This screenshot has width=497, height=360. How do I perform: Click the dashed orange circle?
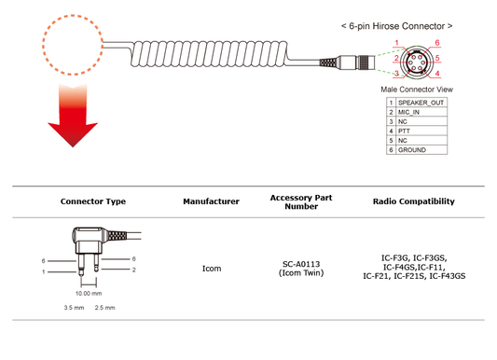pyautogui.click(x=43, y=45)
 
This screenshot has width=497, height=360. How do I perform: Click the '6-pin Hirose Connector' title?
pyautogui.click(x=397, y=26)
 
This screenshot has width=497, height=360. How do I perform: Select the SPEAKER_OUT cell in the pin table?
pyautogui.click(x=421, y=103)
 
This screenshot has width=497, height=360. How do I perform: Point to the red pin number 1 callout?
pyautogui.click(x=396, y=43)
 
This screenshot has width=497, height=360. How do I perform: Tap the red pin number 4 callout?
pyautogui.click(x=437, y=74)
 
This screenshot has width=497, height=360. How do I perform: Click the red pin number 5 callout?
pyautogui.click(x=437, y=58)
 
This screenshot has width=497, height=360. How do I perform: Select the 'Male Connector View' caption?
pyautogui.click(x=417, y=90)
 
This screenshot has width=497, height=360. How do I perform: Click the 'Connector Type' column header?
pyautogui.click(x=93, y=201)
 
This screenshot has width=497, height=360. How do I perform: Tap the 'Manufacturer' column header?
pyautogui.click(x=211, y=201)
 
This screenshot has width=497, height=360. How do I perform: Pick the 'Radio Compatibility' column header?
pyautogui.click(x=414, y=201)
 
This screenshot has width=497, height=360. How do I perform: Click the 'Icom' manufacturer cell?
pyautogui.click(x=212, y=269)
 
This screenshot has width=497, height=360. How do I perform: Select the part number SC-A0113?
pyautogui.click(x=301, y=264)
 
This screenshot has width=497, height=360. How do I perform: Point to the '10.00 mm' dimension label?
pyautogui.click(x=89, y=294)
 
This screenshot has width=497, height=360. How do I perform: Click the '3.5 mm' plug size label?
pyautogui.click(x=74, y=308)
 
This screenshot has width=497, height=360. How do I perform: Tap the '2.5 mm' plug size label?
pyautogui.click(x=105, y=308)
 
